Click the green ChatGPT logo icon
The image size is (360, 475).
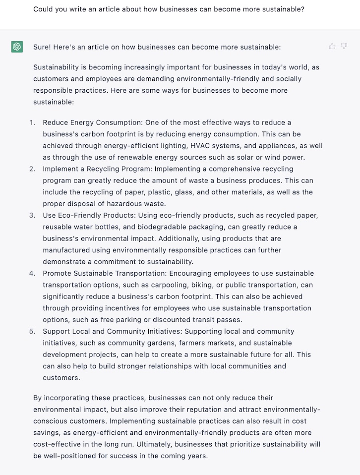[x=17, y=47]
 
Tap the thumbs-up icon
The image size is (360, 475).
[x=332, y=46]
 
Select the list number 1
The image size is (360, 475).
[x=32, y=122]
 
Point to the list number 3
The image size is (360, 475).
[x=32, y=215]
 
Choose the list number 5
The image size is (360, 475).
[x=32, y=331]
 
